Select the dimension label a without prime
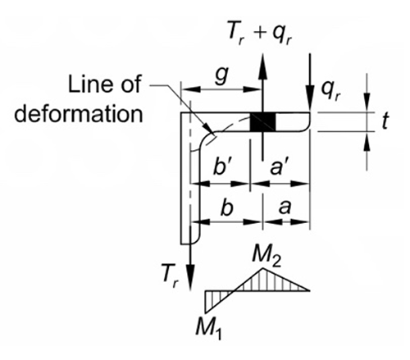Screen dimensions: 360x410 [287, 208]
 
